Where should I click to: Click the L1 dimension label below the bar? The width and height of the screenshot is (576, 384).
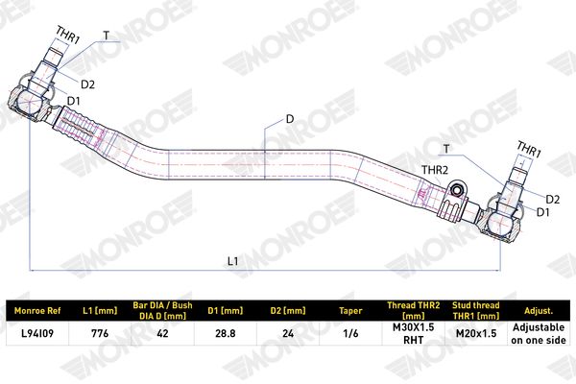233,261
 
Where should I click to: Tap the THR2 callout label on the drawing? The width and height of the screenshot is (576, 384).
435,170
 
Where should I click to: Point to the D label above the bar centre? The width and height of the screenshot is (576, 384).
290,119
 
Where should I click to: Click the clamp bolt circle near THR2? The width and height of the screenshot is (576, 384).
457,190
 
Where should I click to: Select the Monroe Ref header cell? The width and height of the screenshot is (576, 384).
37,310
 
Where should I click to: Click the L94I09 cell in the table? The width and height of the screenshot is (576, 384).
37,333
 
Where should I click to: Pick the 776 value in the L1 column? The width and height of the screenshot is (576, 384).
100,333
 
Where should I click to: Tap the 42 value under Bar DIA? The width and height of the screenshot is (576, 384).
162,333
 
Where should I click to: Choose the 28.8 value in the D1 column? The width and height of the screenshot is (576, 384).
226,333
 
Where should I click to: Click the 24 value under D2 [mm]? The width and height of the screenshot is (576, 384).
288,333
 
